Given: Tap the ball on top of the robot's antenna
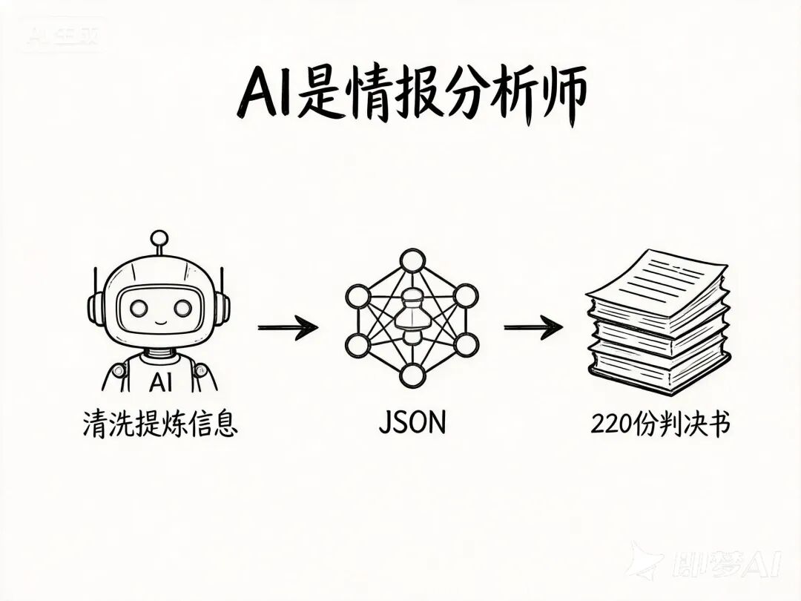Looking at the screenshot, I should [x=159, y=239].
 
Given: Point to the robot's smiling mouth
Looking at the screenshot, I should [x=159, y=324].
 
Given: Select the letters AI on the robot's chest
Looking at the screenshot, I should [x=159, y=382].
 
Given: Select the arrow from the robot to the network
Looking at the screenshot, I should [x=288, y=326].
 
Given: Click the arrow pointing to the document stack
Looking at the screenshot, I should [x=533, y=326].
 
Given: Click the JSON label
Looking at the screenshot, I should [x=412, y=422].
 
